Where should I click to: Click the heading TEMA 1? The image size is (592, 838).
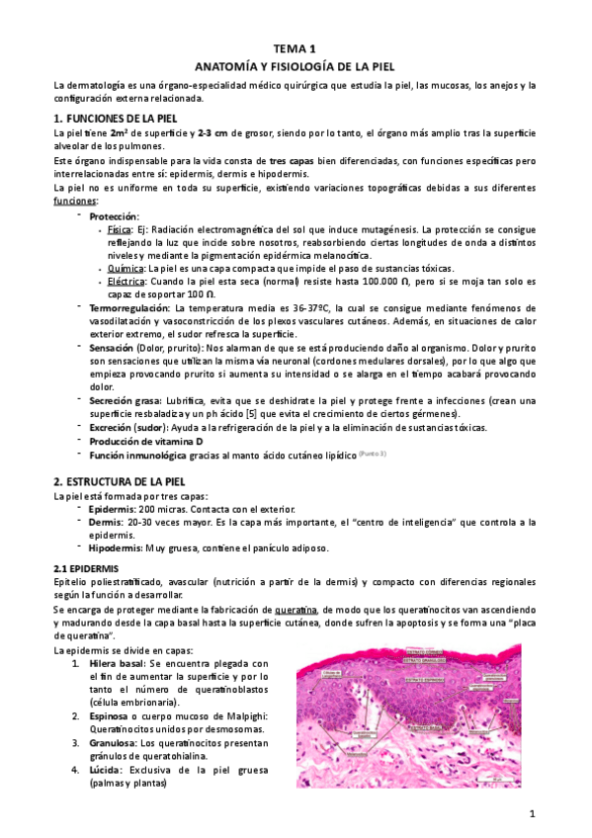point(296,48)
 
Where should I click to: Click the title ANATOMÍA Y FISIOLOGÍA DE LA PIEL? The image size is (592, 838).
point(296,66)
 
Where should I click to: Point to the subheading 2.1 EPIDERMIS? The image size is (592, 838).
point(86,569)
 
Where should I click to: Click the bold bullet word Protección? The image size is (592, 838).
point(114,216)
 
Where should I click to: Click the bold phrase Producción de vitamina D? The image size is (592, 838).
point(146,440)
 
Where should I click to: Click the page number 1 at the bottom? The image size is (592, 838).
point(532,813)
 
